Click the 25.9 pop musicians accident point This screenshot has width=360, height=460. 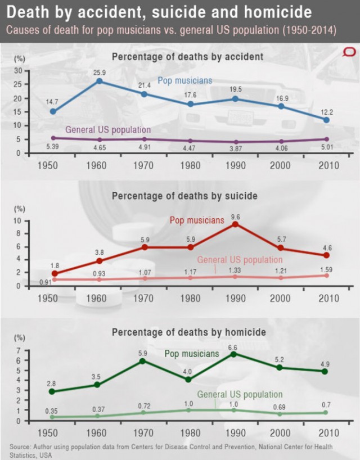100,81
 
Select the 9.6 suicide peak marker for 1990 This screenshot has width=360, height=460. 235,224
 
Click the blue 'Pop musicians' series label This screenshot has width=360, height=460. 184,80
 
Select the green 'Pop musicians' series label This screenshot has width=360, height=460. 191,354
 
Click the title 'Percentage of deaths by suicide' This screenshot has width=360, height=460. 184,196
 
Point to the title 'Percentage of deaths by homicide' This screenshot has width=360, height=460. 188,332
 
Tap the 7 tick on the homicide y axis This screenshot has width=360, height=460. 19,350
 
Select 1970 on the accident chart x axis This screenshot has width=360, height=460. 144,166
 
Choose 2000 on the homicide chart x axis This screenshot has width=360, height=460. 280,434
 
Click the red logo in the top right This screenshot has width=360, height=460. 349,52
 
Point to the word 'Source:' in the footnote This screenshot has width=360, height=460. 20,447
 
